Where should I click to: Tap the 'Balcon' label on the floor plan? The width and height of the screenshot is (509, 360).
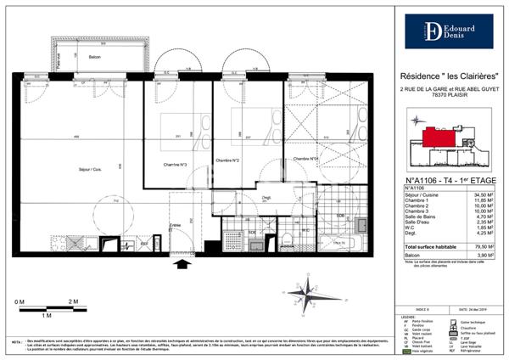[96, 56]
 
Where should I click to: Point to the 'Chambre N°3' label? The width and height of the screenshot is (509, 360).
[175, 164]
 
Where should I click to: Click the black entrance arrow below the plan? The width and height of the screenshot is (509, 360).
[182, 267]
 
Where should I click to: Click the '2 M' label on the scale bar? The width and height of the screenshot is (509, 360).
[73, 301]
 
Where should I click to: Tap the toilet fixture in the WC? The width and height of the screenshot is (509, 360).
[287, 239]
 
